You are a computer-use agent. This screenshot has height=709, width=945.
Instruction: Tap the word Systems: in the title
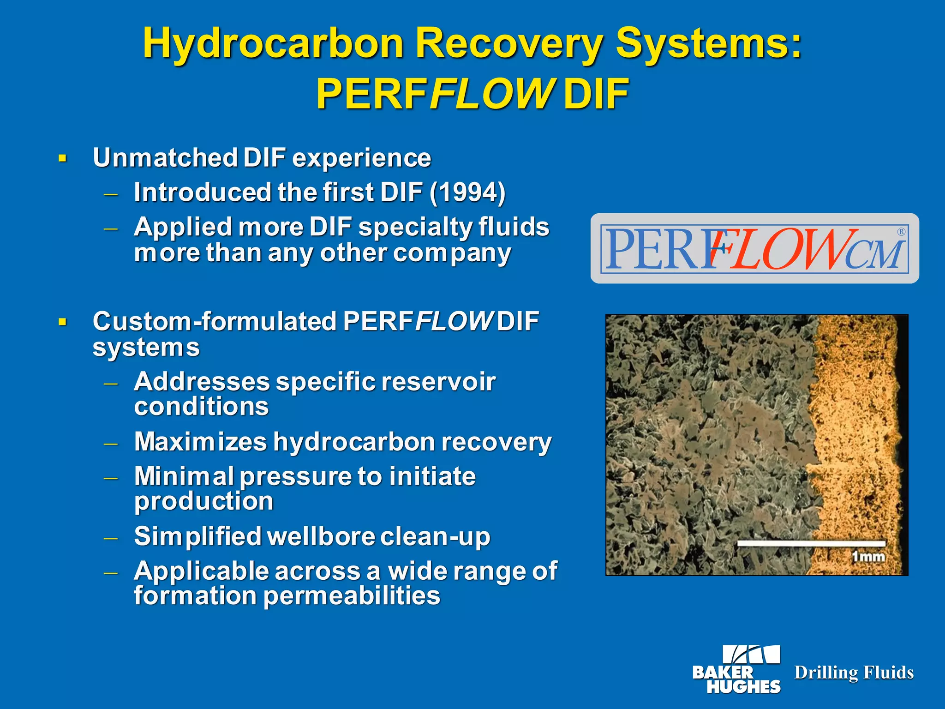(x=709, y=44)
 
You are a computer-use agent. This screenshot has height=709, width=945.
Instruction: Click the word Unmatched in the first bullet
(x=165, y=158)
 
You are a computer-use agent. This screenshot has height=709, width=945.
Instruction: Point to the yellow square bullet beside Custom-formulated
(x=63, y=322)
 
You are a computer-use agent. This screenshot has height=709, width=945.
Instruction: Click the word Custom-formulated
(x=215, y=321)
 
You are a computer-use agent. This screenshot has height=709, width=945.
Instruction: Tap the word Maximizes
(x=200, y=442)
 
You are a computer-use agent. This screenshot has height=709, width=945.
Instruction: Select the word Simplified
(x=197, y=536)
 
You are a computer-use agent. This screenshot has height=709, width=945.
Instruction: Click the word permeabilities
(x=352, y=596)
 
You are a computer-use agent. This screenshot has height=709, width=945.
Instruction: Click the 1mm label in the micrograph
(x=868, y=557)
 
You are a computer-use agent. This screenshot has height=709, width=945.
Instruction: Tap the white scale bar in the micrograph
(x=811, y=543)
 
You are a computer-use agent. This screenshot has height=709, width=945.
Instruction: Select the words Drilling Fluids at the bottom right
(x=854, y=673)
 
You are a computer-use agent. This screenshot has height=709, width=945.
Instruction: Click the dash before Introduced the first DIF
(x=111, y=194)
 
